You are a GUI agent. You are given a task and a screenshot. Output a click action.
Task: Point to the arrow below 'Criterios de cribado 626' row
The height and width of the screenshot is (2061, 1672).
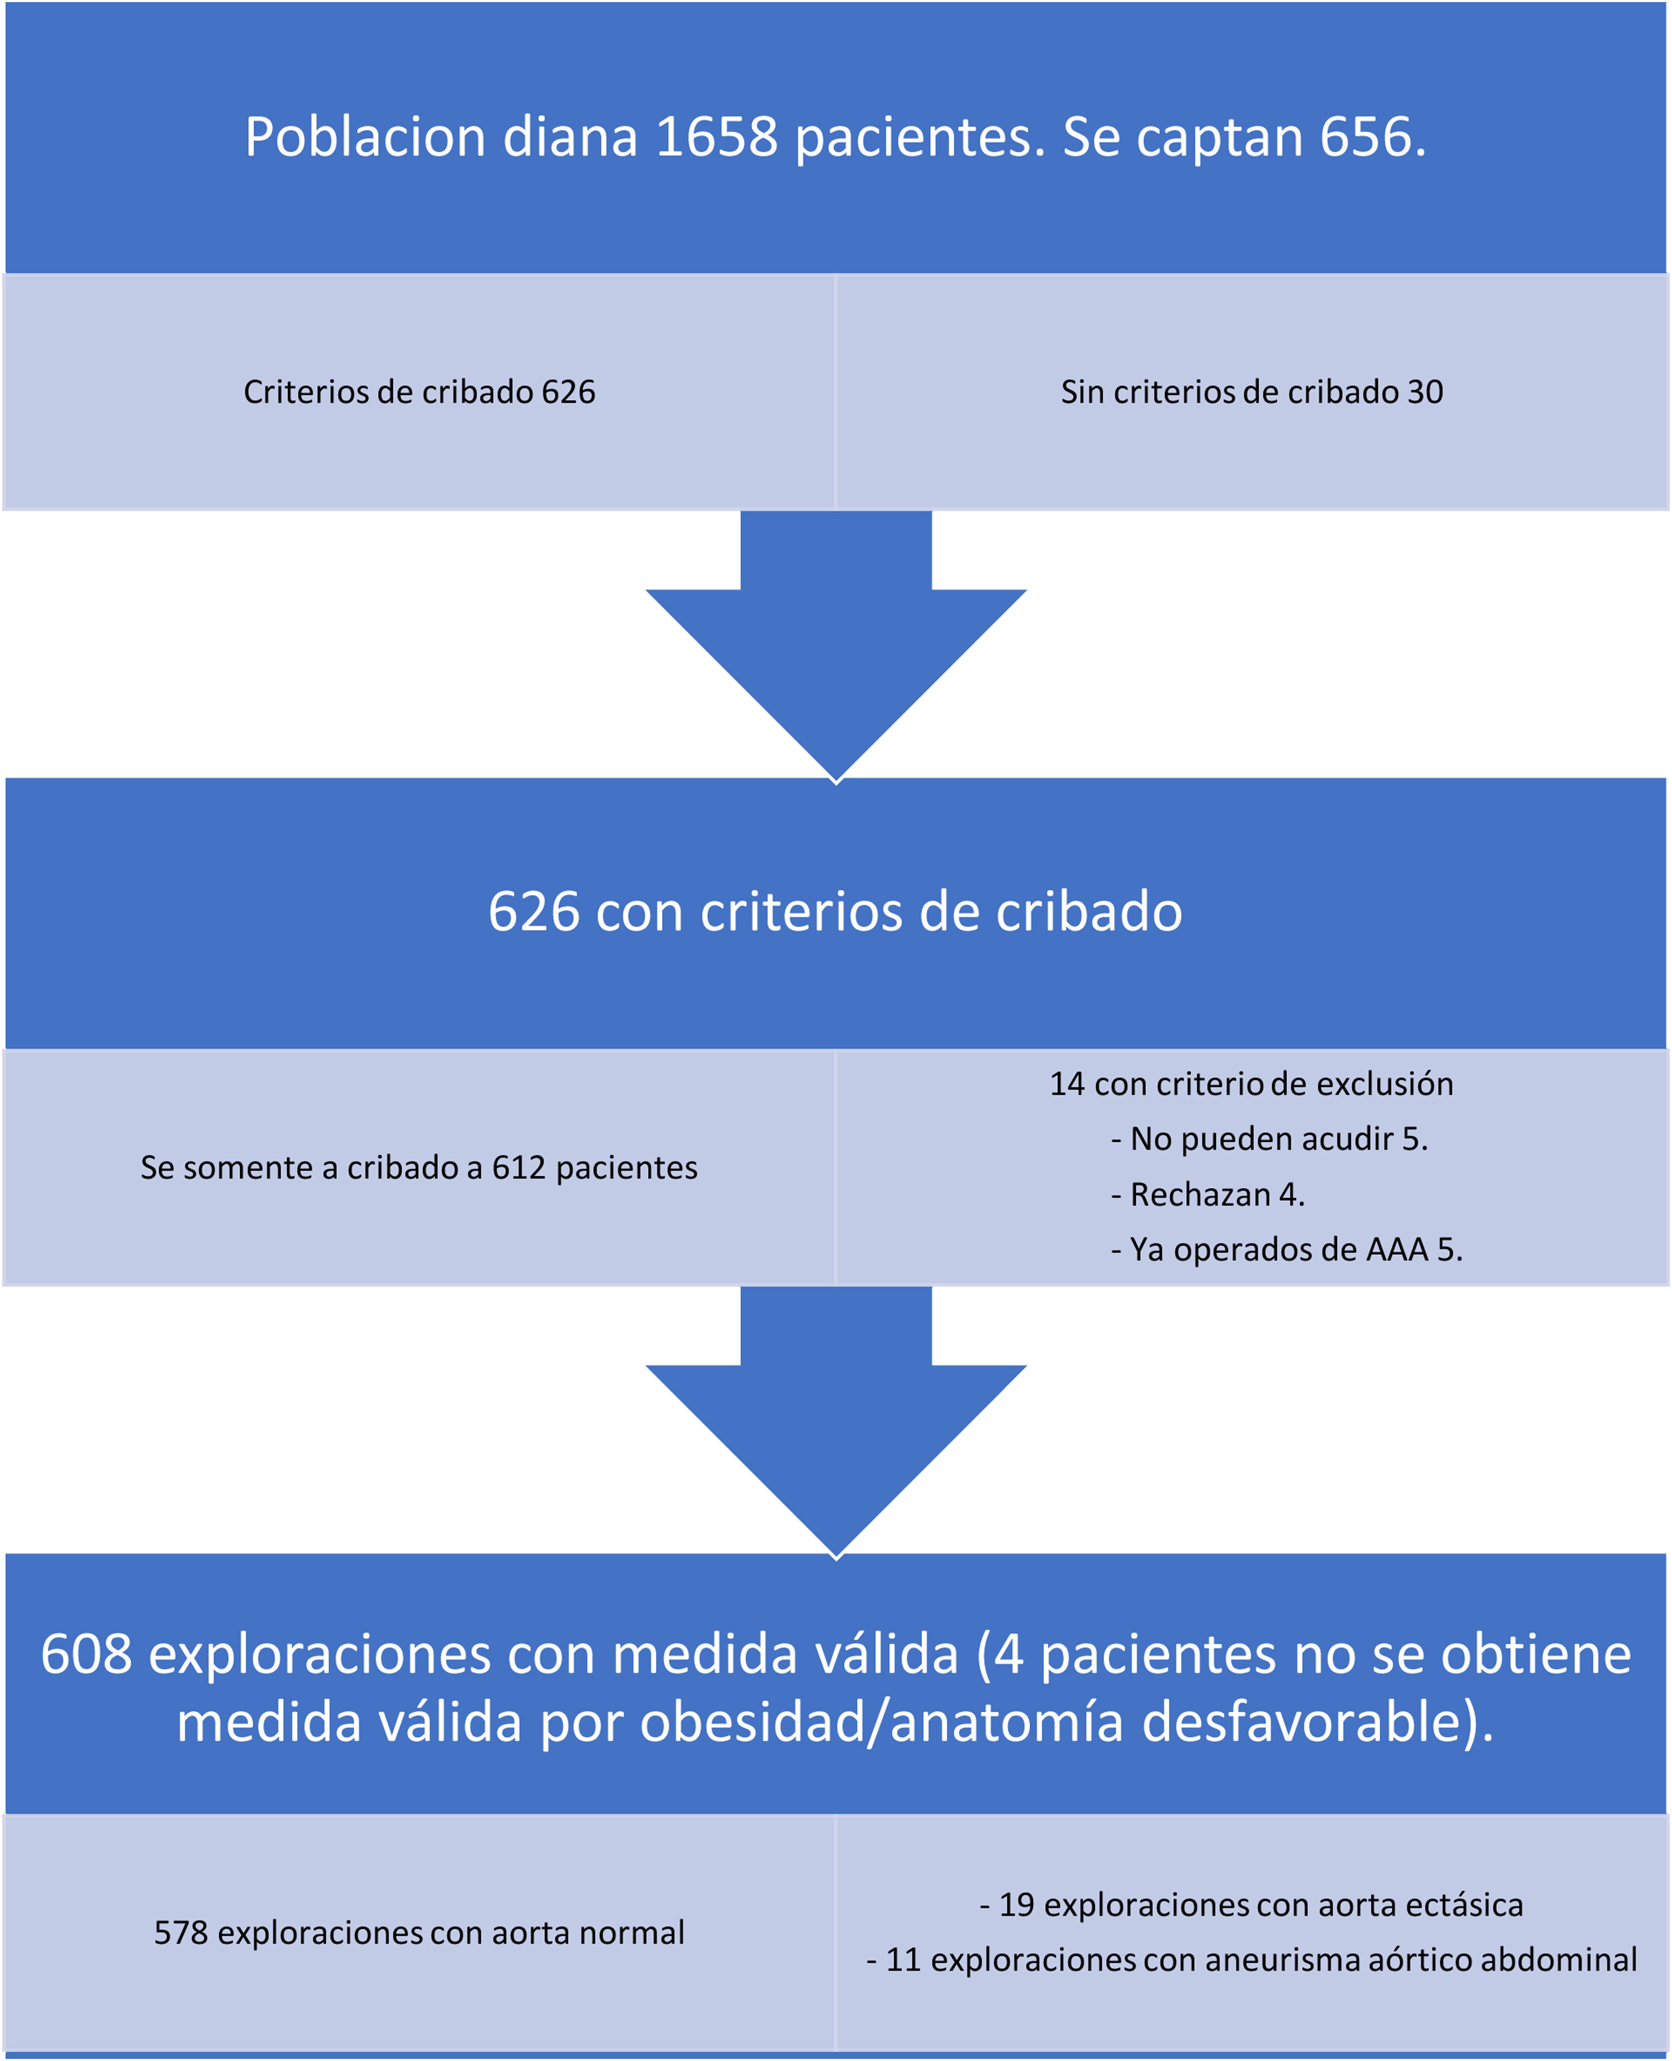(x=836, y=655)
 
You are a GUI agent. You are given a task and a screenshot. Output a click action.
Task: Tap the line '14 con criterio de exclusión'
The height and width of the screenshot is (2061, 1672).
(x=1251, y=1084)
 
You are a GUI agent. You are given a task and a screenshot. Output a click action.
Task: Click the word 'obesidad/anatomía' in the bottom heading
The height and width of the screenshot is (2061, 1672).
(x=881, y=1723)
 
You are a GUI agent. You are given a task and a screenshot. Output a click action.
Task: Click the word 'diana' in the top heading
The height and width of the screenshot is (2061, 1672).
(x=570, y=137)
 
